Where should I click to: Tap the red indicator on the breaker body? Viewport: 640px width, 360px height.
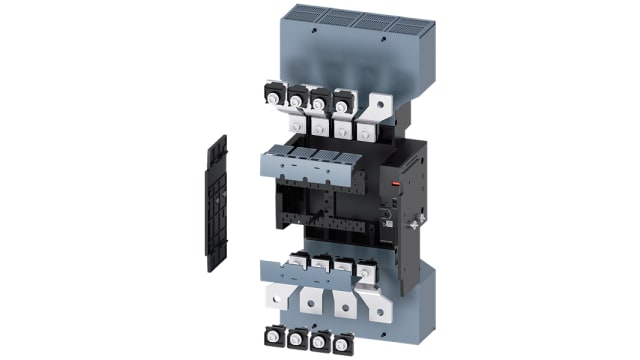[x=396, y=185]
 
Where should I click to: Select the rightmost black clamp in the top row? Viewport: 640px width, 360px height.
[x=343, y=101]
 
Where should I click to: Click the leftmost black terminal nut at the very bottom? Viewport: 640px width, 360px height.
[x=272, y=337]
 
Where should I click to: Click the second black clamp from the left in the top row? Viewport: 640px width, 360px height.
[x=297, y=96]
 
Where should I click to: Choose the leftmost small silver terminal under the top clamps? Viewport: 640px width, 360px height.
[x=296, y=125]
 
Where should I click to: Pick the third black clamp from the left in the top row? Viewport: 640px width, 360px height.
[x=320, y=99]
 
